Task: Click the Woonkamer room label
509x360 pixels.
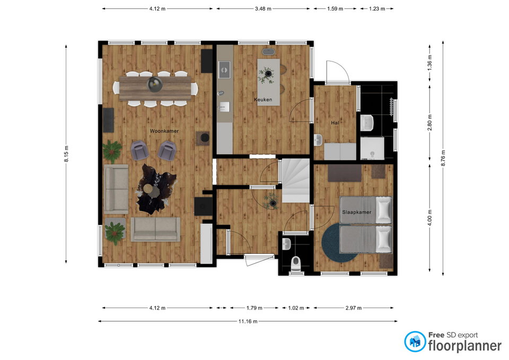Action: pyautogui.click(x=164, y=131)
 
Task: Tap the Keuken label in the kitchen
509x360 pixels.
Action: pyautogui.click(x=263, y=100)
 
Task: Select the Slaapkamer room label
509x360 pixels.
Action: pyautogui.click(x=357, y=212)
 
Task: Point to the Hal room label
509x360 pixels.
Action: pyautogui.click(x=335, y=122)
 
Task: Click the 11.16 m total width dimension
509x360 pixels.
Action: pyautogui.click(x=248, y=321)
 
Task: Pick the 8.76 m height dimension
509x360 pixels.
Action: pyautogui.click(x=443, y=159)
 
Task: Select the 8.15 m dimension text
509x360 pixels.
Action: pyautogui.click(x=66, y=154)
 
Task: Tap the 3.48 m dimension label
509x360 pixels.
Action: pyautogui.click(x=263, y=9)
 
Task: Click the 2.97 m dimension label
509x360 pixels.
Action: pyautogui.click(x=354, y=308)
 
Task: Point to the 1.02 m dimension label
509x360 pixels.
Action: pyautogui.click(x=296, y=308)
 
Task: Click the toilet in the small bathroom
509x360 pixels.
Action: pyautogui.click(x=296, y=264)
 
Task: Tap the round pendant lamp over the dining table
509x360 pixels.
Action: pyautogui.click(x=155, y=84)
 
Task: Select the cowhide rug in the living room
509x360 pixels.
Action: pyautogui.click(x=155, y=189)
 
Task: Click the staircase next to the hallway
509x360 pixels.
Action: pyautogui.click(x=295, y=180)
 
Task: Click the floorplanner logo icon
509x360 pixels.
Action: pyautogui.click(x=415, y=341)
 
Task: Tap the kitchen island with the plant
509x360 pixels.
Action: pyautogui.click(x=268, y=82)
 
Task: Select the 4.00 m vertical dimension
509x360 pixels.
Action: pyautogui.click(x=430, y=217)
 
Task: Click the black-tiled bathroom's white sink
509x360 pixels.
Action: pyautogui.click(x=367, y=123)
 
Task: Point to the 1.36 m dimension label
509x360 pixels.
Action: pyautogui.click(x=430, y=63)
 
